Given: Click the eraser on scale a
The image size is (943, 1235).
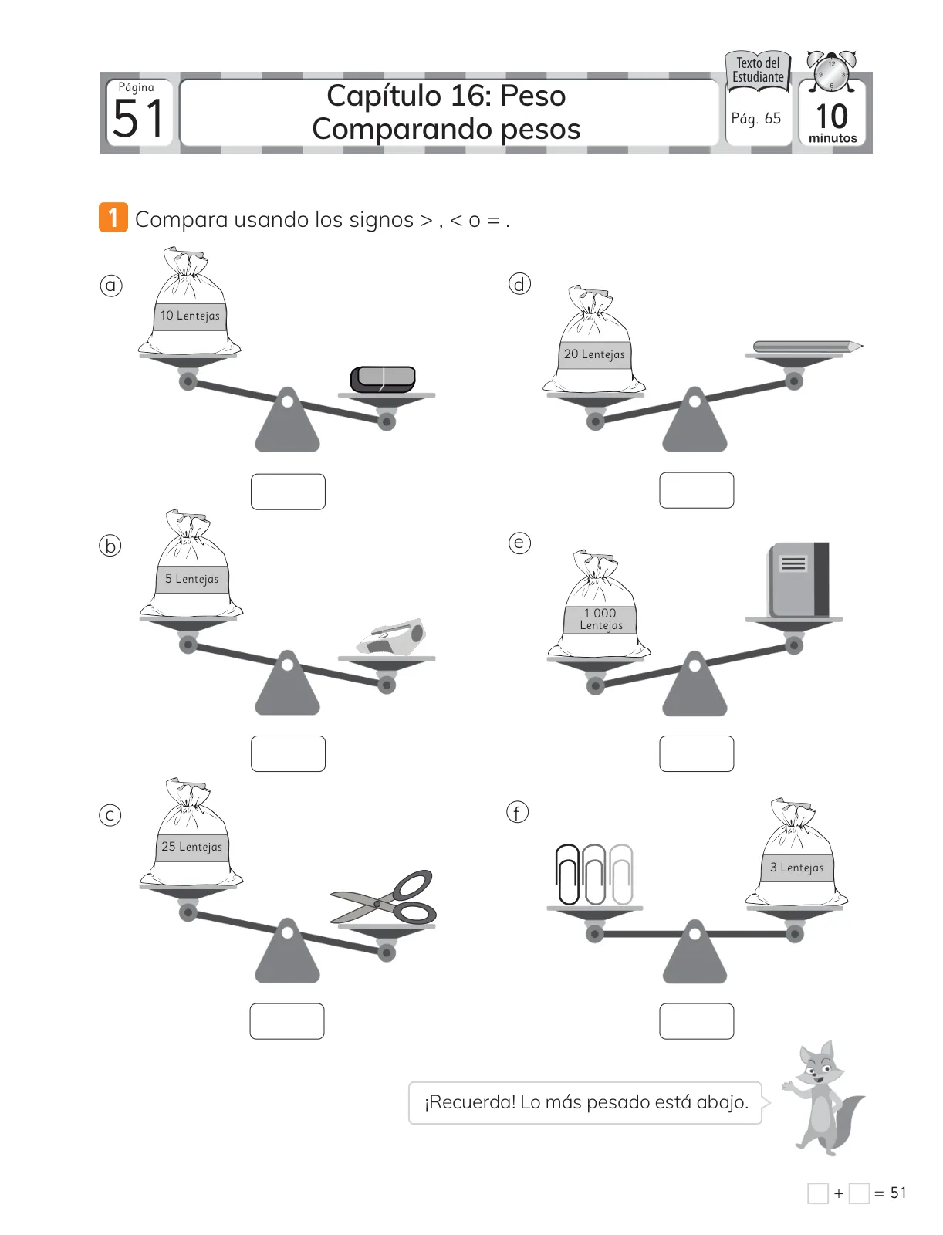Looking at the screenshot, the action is tap(383, 379).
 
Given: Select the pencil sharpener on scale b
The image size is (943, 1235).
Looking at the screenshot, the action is tap(390, 637).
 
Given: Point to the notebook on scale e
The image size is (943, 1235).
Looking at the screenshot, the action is tap(798, 580).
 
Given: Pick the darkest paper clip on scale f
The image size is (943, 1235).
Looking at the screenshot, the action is tap(567, 875).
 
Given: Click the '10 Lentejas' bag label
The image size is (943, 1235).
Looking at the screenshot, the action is tap(190, 316).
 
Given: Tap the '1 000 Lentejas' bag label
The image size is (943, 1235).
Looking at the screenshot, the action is tap(600, 619).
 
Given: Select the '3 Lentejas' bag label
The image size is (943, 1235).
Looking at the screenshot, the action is tap(797, 867).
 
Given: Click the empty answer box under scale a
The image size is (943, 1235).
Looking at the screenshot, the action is tap(288, 492).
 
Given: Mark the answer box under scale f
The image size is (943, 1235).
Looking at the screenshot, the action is tap(696, 1020).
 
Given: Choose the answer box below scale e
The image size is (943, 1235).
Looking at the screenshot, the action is tap(696, 753).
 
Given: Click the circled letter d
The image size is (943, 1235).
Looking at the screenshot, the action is tap(519, 284).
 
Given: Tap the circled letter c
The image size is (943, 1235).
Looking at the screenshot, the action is tap(110, 815).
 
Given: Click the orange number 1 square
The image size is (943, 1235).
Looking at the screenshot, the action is tap(113, 217).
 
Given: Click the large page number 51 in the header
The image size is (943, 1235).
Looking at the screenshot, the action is tap(138, 119).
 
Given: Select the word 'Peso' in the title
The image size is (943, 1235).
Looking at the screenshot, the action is tap(532, 96).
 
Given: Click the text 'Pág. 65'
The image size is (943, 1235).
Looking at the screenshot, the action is tap(755, 119).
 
